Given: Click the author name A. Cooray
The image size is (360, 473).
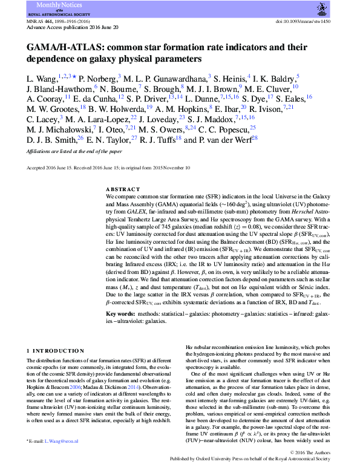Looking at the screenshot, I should click(44, 98).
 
